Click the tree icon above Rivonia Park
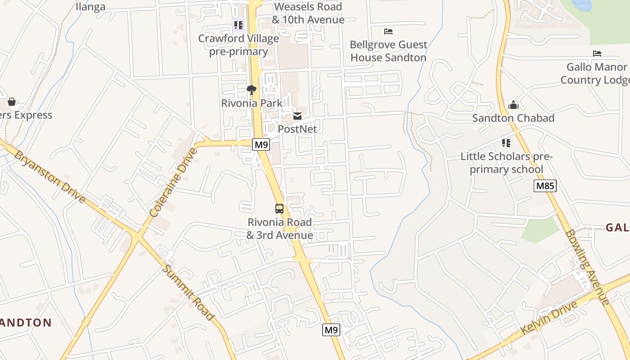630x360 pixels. (252, 90)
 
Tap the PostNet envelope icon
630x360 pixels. (297, 116)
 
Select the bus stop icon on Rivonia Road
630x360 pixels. (279, 209)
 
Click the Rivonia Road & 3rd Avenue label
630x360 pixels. (279, 229)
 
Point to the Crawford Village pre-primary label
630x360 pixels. (238, 45)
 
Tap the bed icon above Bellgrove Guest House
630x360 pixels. (388, 31)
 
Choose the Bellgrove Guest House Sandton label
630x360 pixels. (388, 51)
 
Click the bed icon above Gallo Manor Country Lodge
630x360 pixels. (597, 54)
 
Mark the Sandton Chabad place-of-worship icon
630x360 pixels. (513, 105)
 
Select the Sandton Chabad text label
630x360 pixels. (513, 118)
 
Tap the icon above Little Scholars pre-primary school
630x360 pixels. (506, 143)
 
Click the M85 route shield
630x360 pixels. (545, 186)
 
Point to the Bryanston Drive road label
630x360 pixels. (49, 176)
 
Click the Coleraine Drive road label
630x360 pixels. (174, 183)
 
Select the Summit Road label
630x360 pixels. (188, 292)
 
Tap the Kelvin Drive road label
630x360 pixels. (549, 318)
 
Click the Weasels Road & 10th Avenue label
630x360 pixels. (308, 13)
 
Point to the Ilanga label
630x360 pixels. (90, 7)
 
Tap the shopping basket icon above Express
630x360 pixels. (12, 102)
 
